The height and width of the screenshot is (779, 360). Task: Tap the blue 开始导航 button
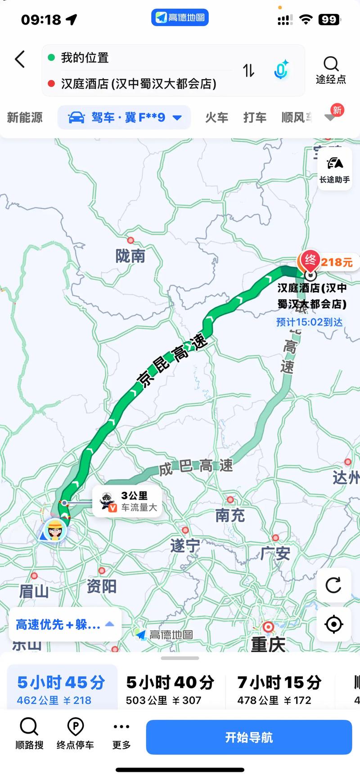tap(248, 737)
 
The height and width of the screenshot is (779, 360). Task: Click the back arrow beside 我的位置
tap(20, 59)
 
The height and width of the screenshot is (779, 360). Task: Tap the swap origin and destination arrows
tap(249, 70)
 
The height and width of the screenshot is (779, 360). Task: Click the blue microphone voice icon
tap(281, 70)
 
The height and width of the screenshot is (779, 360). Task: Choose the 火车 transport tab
tap(216, 117)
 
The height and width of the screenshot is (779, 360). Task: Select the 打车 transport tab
tap(255, 117)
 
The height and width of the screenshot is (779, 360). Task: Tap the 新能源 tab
tap(25, 117)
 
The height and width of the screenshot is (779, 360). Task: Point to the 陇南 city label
tap(130, 256)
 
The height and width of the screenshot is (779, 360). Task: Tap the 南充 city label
tap(230, 515)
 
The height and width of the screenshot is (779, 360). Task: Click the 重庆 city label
tap(268, 644)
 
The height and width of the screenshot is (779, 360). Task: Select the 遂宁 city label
tap(185, 545)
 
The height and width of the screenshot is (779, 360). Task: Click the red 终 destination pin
tap(310, 260)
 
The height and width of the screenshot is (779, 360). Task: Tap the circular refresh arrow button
tap(333, 585)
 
